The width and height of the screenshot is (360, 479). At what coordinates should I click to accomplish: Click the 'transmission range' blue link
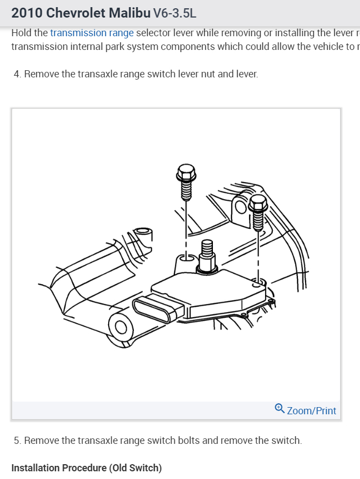coord(92,33)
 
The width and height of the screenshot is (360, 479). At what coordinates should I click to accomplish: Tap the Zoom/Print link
coord(311,410)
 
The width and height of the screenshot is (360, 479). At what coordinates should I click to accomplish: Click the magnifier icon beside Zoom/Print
coord(279,409)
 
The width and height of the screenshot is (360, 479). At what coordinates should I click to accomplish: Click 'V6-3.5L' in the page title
coord(174,12)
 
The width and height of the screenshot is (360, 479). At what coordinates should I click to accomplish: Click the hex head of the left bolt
coord(186,174)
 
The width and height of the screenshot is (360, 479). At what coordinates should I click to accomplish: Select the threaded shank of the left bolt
coord(186,191)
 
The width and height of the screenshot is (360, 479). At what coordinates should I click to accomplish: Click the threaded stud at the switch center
coord(207,255)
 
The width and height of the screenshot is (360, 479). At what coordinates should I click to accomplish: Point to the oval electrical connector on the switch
coord(156,311)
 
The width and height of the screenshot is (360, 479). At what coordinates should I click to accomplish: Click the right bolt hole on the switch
coord(256,285)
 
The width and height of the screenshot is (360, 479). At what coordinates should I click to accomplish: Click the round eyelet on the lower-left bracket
coord(120,328)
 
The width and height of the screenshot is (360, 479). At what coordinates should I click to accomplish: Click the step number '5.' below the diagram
coord(18,441)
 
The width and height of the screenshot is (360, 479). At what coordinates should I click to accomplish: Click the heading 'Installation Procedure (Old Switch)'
coord(86,468)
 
